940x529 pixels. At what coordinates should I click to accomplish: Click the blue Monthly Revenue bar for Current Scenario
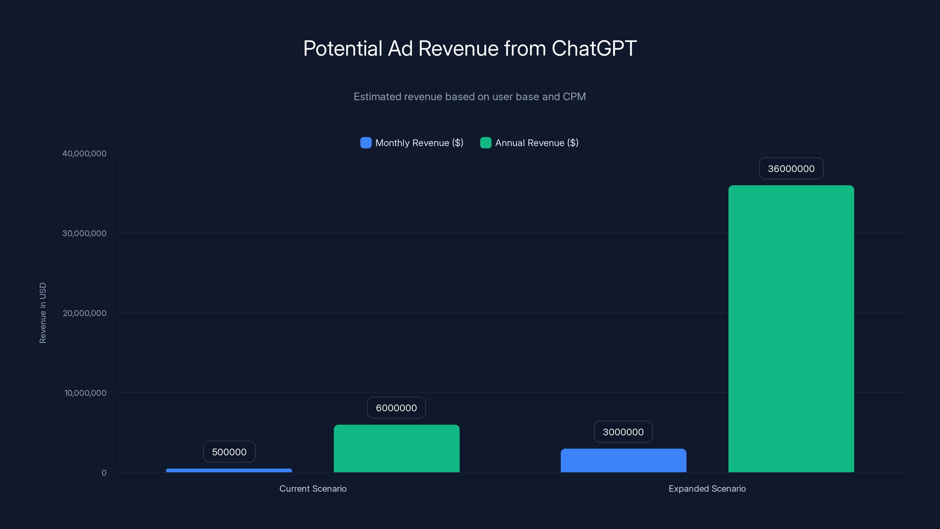[229, 470]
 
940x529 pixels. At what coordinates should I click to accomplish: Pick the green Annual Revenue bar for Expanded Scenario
[791, 329]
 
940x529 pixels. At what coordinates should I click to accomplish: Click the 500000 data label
[229, 452]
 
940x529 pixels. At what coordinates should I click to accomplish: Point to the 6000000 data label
[396, 408]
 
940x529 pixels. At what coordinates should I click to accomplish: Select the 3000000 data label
[623, 432]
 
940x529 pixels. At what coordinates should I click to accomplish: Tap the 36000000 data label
[791, 169]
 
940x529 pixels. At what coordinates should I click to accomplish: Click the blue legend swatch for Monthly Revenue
[366, 143]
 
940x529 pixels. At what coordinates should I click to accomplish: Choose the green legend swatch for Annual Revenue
[485, 143]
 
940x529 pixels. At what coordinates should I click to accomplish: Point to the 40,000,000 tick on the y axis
[84, 153]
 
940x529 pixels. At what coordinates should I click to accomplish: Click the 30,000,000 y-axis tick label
[84, 233]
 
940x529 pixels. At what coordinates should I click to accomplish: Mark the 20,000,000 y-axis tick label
[84, 313]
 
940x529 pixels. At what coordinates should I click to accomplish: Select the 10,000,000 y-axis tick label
[85, 393]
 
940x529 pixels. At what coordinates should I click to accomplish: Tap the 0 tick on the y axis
[104, 473]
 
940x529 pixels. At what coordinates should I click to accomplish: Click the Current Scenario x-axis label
[313, 488]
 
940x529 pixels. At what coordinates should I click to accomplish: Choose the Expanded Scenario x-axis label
[707, 488]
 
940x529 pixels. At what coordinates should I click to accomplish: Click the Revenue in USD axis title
[43, 313]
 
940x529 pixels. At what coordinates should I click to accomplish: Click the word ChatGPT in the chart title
[594, 48]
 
